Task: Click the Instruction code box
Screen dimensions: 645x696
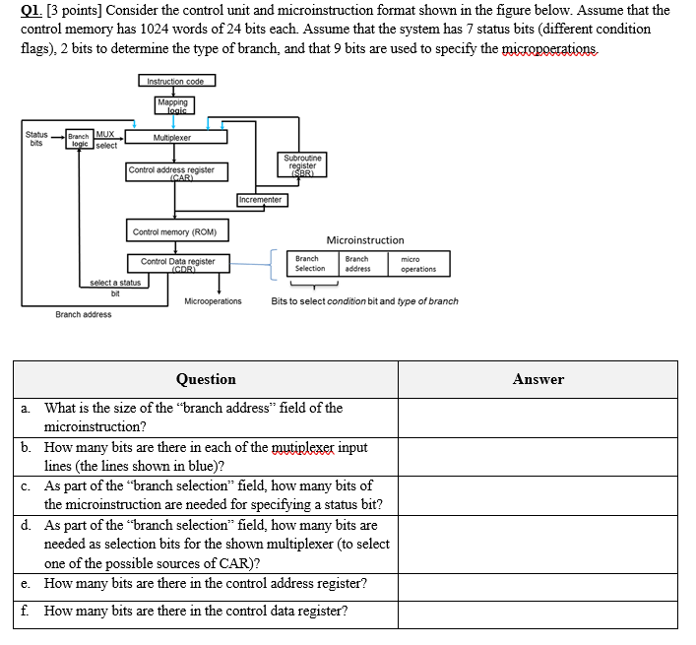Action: click(175, 82)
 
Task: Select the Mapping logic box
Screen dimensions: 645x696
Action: click(174, 106)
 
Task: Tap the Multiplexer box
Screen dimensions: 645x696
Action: click(174, 138)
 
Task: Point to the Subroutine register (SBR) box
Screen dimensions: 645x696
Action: click(302, 163)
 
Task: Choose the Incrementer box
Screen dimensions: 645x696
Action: click(261, 200)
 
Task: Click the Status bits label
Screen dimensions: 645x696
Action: click(36, 138)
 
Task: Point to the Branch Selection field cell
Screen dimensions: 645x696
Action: click(310, 264)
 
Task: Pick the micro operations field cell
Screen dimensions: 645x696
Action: click(418, 264)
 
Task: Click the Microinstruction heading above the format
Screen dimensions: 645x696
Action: click(364, 240)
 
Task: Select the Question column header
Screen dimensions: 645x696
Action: click(206, 379)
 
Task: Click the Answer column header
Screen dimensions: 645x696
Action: click(538, 379)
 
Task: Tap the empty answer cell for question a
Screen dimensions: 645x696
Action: click(538, 418)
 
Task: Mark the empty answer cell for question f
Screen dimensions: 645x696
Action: click(538, 612)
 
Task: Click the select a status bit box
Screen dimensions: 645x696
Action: click(115, 287)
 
